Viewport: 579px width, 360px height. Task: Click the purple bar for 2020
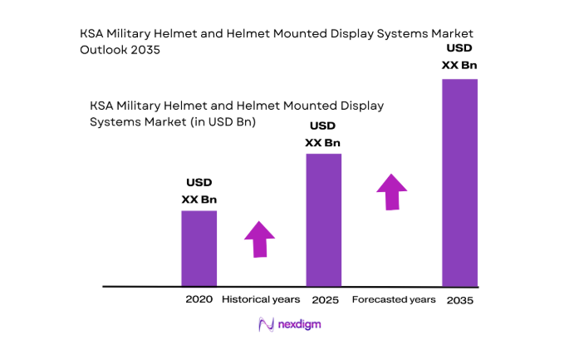click(x=199, y=248)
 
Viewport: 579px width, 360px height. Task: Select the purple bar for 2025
click(x=324, y=219)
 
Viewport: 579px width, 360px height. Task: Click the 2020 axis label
click(x=199, y=298)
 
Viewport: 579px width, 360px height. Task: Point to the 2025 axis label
click(x=325, y=298)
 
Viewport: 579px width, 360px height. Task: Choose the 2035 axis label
click(x=459, y=299)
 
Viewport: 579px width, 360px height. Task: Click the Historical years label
click(x=261, y=298)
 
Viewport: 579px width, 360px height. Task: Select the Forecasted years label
click(x=393, y=298)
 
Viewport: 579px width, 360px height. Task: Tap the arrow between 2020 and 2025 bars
click(x=260, y=239)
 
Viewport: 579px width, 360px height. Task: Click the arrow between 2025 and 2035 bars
click(x=391, y=191)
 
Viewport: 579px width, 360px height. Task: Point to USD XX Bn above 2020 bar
click(x=199, y=190)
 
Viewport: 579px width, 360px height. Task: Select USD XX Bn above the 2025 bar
click(x=323, y=134)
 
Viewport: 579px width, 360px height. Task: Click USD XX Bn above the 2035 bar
click(x=459, y=57)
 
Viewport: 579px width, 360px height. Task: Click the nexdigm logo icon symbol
click(x=267, y=324)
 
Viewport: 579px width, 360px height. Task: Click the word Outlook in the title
click(x=104, y=50)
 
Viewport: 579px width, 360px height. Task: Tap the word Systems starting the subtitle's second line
click(x=113, y=121)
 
